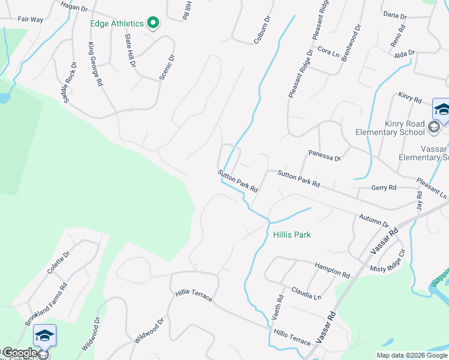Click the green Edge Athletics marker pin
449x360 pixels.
[x=153, y=23]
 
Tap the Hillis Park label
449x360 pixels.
[x=292, y=235]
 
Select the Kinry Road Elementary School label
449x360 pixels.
[x=390, y=128]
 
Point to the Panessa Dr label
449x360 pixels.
[x=325, y=156]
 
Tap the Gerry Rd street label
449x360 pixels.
[x=384, y=188]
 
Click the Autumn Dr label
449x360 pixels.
[x=374, y=220]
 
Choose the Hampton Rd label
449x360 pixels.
[x=332, y=269]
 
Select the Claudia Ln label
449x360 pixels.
[x=306, y=293]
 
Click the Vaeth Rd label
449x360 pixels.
[x=280, y=306]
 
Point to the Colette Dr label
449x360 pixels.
[x=59, y=262]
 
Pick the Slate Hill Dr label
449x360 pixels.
[x=130, y=50]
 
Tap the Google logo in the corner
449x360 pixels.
[x=19, y=353]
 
